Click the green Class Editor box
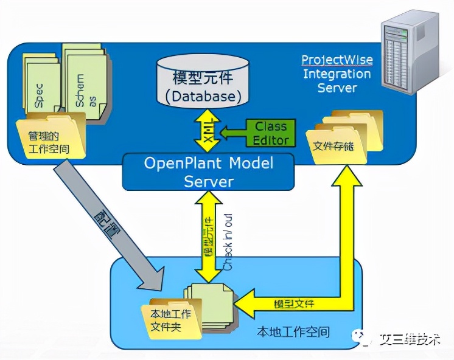point(271,133)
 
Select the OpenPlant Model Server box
point(208,172)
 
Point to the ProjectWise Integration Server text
point(337,74)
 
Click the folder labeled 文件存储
point(341,141)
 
